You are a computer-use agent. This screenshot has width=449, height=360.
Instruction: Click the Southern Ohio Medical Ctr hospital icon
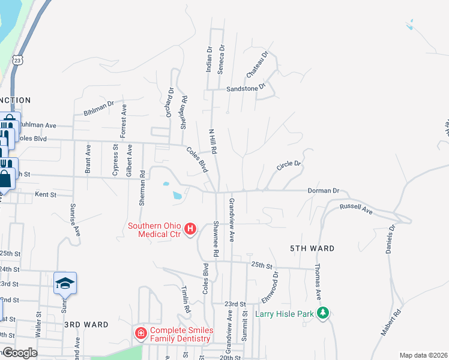[190, 229]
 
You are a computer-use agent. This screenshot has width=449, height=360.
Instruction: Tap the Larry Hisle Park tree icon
[323, 313]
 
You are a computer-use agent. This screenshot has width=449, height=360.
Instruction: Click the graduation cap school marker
[65, 283]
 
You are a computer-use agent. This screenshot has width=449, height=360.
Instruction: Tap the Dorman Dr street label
[323, 190]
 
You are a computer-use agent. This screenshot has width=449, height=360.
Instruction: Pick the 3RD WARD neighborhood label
[86, 325]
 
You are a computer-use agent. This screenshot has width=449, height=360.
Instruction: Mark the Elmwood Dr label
[270, 288]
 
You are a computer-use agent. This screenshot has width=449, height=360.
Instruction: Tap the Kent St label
[46, 194]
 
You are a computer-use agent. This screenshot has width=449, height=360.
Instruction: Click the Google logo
[20, 353]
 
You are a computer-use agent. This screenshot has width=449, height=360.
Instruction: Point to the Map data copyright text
[423, 355]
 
